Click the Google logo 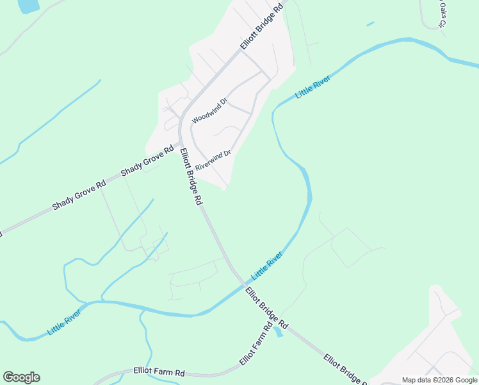(x=21, y=377)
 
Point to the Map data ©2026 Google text (x=439, y=380)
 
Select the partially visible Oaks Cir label (x=441, y=14)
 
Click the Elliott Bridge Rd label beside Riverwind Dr (x=191, y=176)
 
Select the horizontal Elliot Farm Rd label (x=159, y=372)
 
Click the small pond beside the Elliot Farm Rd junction (x=278, y=332)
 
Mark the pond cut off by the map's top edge (x=28, y=5)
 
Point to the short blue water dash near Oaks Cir (x=370, y=24)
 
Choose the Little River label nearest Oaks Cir (x=313, y=87)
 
